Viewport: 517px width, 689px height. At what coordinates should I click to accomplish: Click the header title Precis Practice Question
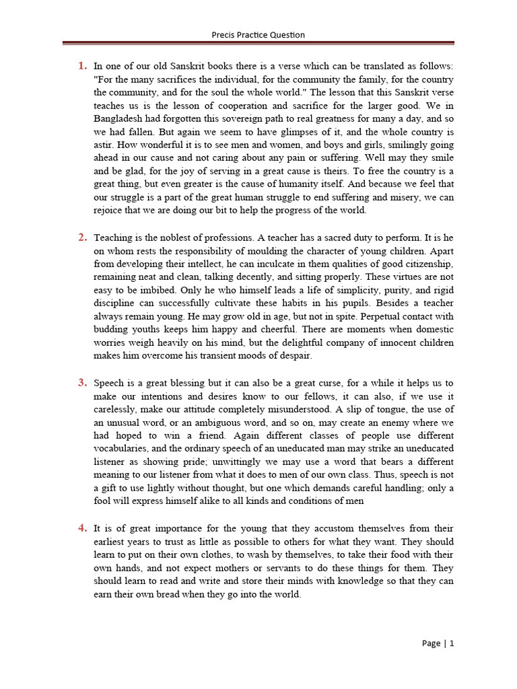tap(258, 34)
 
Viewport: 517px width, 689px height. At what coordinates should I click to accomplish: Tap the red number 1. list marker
tap(82, 66)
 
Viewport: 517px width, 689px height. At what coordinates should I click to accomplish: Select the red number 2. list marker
tap(82, 237)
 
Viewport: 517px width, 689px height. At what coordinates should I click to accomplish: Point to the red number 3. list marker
tap(82, 383)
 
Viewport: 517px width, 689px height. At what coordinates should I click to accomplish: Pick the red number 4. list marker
tap(82, 529)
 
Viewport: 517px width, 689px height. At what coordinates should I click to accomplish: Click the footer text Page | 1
tap(438, 643)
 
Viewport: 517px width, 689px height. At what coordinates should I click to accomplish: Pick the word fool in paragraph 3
tap(104, 501)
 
